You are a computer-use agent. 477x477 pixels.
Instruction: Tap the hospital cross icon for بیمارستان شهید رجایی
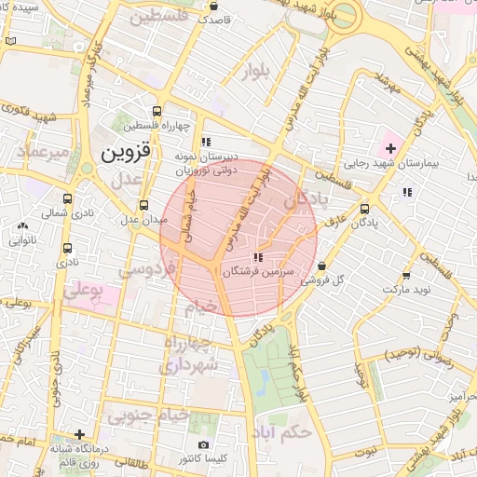pyautogui.click(x=390, y=149)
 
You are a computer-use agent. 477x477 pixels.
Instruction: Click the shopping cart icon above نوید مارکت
pyautogui.click(x=405, y=276)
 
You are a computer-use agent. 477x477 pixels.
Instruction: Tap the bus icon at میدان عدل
pyautogui.click(x=143, y=206)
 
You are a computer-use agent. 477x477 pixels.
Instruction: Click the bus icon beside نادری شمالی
pyautogui.click(x=67, y=198)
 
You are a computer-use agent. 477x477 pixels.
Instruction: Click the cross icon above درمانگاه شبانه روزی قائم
pyautogui.click(x=81, y=434)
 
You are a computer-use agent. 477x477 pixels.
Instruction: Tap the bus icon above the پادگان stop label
pyautogui.click(x=364, y=209)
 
